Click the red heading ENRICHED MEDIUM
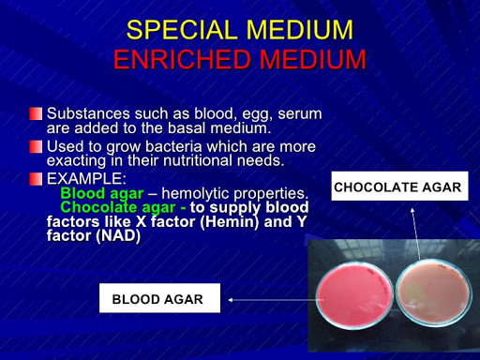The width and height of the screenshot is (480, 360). [239, 60]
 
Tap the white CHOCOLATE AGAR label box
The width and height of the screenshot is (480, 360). [398, 187]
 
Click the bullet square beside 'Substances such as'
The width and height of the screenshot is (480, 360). [36, 113]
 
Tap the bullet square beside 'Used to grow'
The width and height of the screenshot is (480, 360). [36, 147]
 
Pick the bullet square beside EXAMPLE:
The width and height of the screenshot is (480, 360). [36, 178]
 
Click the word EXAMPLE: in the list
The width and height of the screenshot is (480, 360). [85, 178]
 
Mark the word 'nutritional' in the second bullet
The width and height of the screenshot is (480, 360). [178, 160]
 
